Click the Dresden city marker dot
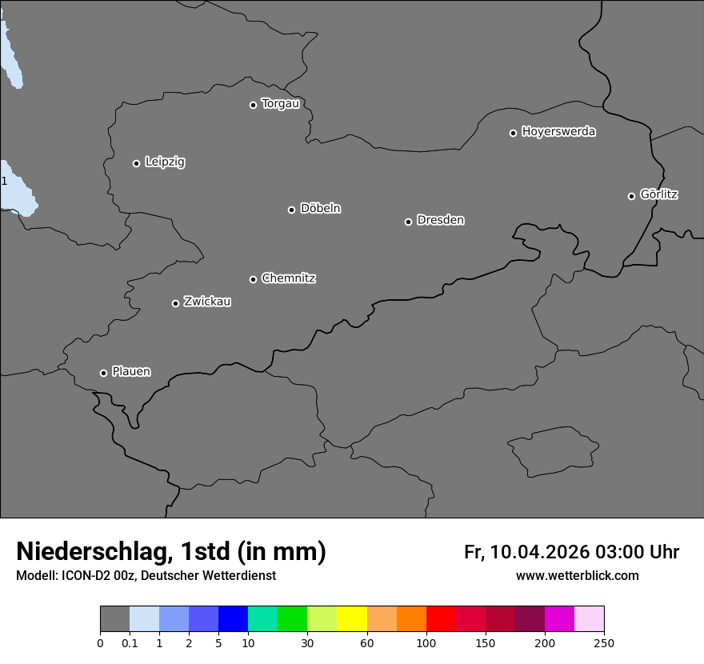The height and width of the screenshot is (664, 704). click(x=408, y=222)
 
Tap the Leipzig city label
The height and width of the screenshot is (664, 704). click(x=165, y=162)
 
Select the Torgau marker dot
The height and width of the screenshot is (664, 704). click(x=253, y=105)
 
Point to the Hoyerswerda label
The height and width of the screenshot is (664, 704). click(x=558, y=132)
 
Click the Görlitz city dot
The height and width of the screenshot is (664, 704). click(x=631, y=196)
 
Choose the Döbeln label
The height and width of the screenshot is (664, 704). click(x=320, y=209)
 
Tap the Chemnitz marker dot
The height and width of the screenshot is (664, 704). click(x=253, y=279)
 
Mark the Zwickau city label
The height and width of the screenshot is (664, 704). click(x=207, y=302)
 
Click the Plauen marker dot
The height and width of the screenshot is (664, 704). click(x=103, y=373)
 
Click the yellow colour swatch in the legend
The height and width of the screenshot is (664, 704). click(x=352, y=619)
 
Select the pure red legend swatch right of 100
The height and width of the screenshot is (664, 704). click(x=441, y=619)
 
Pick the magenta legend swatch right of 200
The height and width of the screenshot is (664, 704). click(x=559, y=619)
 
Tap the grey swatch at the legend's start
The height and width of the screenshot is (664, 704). click(x=114, y=619)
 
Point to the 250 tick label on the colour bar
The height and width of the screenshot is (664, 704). click(x=604, y=642)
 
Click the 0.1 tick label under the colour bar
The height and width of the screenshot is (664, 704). click(x=130, y=642)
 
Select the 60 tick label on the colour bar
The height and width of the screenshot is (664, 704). click(x=367, y=642)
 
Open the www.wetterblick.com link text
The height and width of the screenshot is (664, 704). click(x=577, y=576)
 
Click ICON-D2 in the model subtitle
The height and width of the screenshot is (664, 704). click(x=87, y=576)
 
